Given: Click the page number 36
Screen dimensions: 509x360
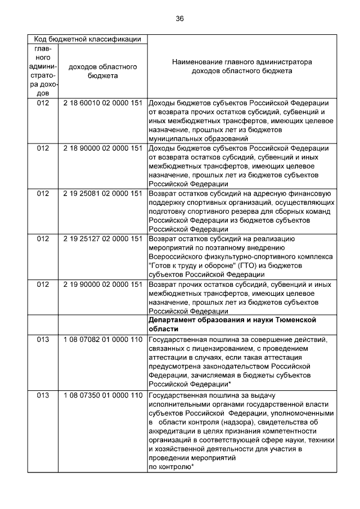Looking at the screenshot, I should point(179,19).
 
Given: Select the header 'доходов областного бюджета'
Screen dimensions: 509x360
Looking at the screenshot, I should point(102,71).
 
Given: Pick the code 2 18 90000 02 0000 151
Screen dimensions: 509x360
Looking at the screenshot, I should point(102,148).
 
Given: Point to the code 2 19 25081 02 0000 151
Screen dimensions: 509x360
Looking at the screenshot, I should point(102,193).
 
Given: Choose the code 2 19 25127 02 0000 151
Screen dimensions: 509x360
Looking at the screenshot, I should point(102,238).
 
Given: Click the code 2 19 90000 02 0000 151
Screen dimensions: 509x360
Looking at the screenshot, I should point(102,284).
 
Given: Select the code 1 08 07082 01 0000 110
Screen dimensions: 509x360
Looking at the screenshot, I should point(102,339).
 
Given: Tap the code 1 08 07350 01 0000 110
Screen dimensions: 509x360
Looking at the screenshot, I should point(102,394).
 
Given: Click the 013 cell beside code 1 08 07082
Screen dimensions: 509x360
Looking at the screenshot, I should point(43,339).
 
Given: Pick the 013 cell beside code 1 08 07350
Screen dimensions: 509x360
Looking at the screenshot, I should point(43,394).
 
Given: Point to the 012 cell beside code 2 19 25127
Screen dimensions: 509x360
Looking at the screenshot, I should point(43,238).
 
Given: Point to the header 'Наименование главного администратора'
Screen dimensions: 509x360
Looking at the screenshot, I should point(242,62).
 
